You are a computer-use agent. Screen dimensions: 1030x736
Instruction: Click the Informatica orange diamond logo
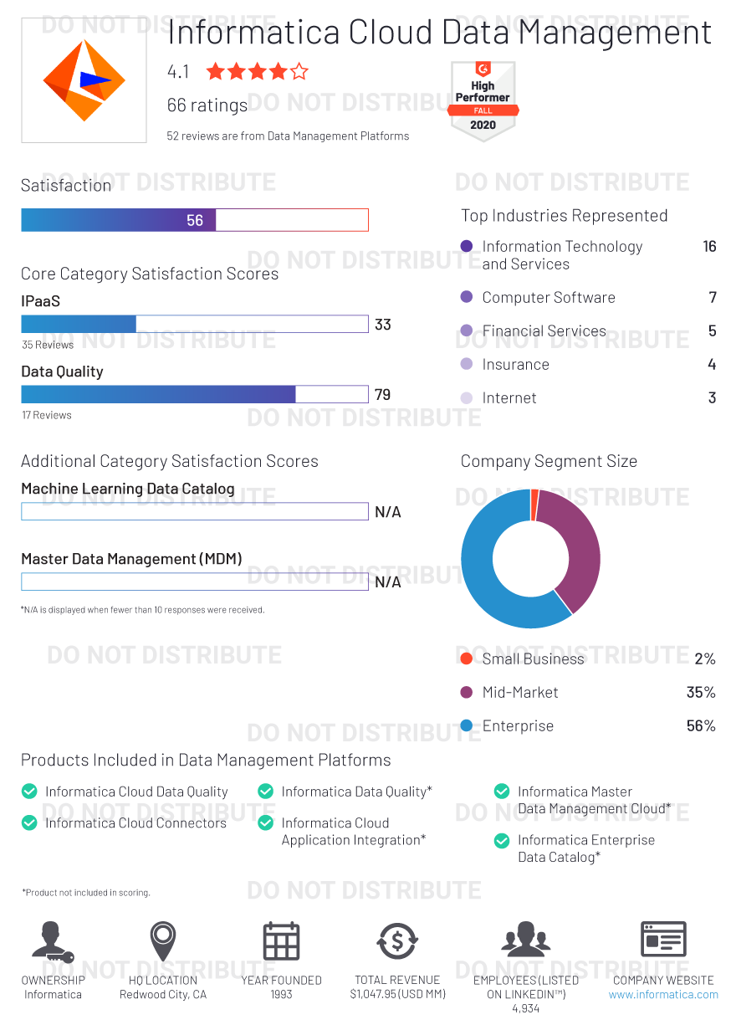84,80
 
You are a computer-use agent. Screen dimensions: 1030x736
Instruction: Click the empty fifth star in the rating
299,72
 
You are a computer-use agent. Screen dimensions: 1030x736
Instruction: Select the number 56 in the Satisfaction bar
195,220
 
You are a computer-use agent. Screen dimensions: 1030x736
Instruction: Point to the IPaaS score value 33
383,325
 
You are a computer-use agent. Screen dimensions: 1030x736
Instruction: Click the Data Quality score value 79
383,395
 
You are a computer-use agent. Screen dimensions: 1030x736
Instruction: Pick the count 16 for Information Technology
709,247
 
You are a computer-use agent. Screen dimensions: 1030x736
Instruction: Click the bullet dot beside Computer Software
467,297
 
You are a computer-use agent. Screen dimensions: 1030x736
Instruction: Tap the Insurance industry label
515,365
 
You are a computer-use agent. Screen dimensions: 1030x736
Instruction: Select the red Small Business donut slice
534,505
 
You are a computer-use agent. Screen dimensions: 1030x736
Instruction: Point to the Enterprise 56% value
701,726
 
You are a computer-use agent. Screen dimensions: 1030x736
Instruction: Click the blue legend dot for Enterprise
467,726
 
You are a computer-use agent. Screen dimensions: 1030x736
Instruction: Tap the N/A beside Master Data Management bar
388,582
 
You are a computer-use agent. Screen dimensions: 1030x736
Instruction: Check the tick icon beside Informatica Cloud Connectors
29,823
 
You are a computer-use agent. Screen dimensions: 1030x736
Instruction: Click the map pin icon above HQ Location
163,939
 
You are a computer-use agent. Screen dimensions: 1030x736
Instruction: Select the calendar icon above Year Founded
281,940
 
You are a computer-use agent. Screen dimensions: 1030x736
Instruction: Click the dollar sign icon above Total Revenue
397,940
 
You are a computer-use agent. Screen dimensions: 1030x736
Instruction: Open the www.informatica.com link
663,995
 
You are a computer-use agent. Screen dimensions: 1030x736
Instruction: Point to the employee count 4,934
525,1009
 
